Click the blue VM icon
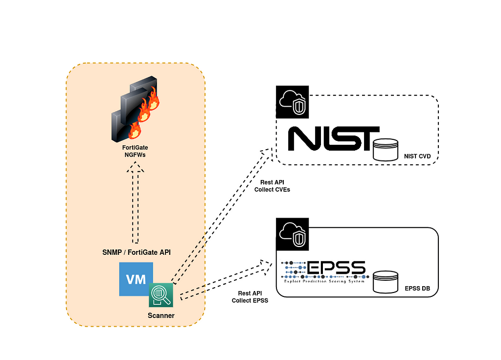pyautogui.click(x=135, y=279)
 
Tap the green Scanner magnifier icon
pyautogui.click(x=161, y=295)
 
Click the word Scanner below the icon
pyautogui.click(x=161, y=315)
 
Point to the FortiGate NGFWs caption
pyautogui.click(x=136, y=151)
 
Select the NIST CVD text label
pyautogui.click(x=418, y=157)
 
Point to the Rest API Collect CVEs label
pyautogui.click(x=272, y=186)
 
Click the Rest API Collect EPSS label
pyautogui.click(x=250, y=297)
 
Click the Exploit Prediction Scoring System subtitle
pyautogui.click(x=324, y=281)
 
